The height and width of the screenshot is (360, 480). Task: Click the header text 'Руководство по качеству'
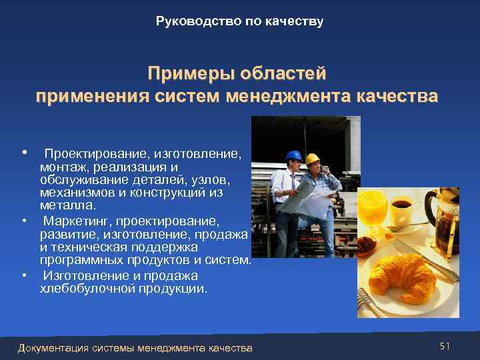[239, 21]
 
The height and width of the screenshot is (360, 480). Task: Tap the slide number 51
[445, 346]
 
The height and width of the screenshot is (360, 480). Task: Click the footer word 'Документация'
[55, 348]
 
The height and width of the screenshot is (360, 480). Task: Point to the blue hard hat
[293, 155]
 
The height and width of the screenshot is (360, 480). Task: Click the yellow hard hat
[313, 159]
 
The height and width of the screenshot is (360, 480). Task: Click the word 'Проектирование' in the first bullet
[93, 154]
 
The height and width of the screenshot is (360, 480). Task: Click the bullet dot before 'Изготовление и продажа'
[24, 275]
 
